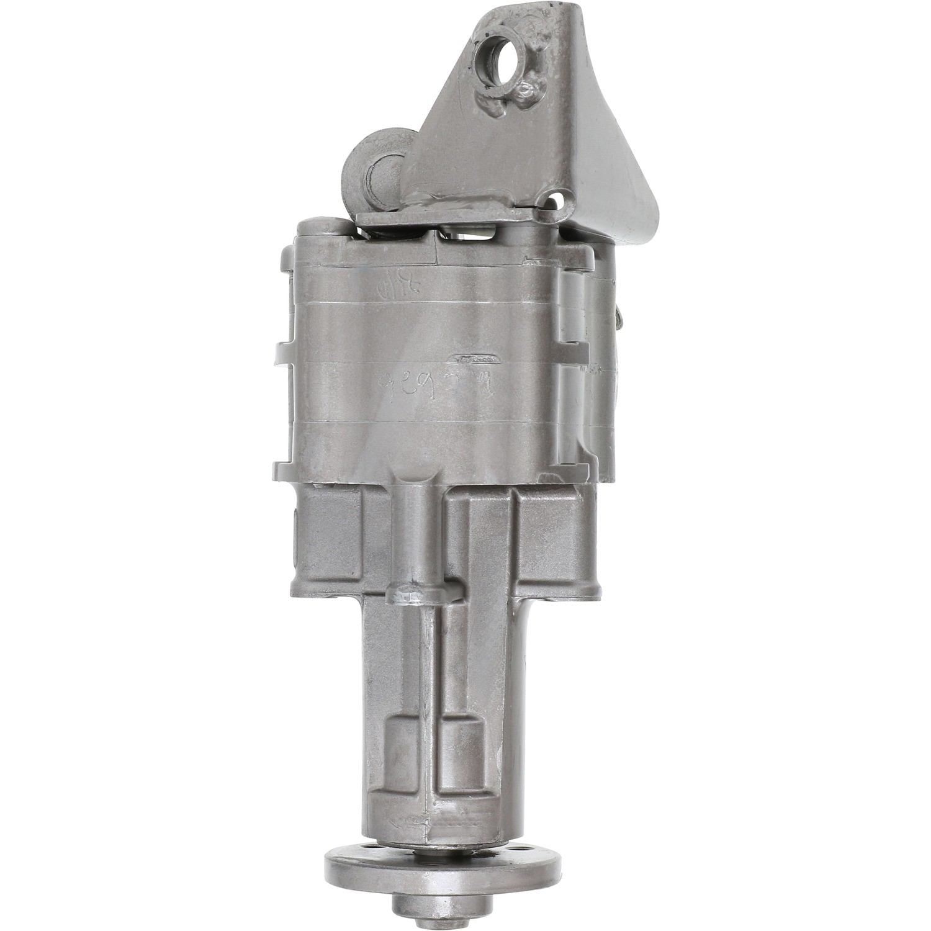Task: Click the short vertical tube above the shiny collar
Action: pos(415,521)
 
